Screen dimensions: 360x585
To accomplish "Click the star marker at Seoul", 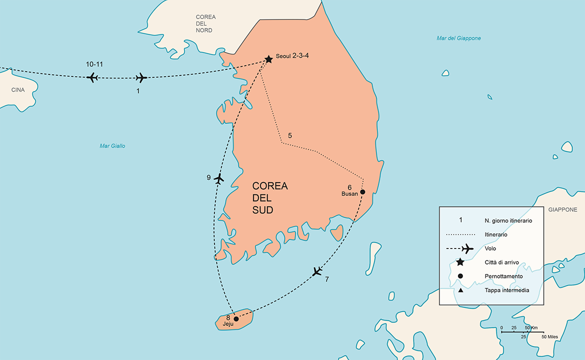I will [268, 59].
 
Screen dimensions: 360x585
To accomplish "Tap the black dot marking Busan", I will [362, 192].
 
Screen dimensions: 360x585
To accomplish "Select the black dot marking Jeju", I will [236, 318].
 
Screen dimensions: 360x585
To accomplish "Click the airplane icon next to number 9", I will [218, 178].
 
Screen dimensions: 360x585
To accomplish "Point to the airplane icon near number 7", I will [317, 271].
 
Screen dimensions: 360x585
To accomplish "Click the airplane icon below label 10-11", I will [92, 77].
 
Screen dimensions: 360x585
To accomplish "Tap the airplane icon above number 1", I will [141, 77].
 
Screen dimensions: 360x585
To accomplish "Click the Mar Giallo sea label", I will [112, 146].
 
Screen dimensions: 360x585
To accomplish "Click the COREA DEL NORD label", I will [205, 23].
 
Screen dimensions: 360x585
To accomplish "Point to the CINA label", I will [17, 90].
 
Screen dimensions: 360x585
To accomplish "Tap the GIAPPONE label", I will [562, 210].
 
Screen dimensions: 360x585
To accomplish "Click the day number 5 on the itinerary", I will [290, 135].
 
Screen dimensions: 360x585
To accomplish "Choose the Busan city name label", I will [349, 194].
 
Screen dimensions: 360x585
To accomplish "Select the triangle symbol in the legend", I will [460, 290].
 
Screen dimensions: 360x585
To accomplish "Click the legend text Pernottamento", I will [503, 276].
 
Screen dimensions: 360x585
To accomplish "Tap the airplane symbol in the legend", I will [467, 248].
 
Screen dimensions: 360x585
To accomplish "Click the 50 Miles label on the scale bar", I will [549, 337].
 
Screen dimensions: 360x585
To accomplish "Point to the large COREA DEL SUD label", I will [270, 198].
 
